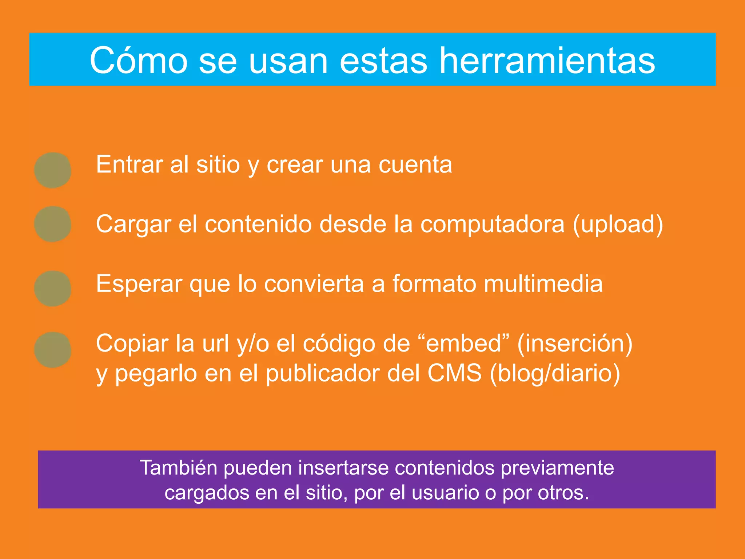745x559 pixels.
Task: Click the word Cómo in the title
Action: click(138, 61)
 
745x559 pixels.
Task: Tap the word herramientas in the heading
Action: click(547, 61)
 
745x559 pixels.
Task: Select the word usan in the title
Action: click(288, 61)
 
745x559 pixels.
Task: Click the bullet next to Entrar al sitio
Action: click(53, 170)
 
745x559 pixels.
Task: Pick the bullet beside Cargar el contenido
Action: click(53, 224)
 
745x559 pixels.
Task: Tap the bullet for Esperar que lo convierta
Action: click(53, 288)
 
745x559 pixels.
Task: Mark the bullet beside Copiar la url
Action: click(53, 350)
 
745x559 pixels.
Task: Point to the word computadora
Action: click(492, 224)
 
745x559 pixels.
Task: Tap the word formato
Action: click(434, 284)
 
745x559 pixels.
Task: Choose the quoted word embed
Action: click(463, 343)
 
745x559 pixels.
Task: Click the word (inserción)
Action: click(575, 343)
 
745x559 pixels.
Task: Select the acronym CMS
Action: click(454, 373)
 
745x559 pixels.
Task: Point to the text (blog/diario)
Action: click(555, 374)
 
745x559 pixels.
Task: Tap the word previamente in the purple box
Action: click(557, 468)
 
